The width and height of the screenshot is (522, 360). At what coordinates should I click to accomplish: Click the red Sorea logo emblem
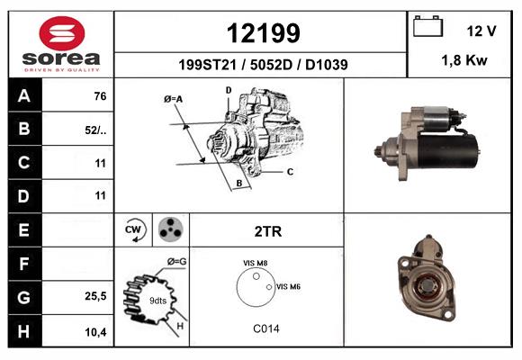click(62, 33)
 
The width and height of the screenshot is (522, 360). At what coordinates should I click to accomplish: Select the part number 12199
click(264, 33)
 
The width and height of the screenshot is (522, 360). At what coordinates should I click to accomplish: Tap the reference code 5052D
click(271, 65)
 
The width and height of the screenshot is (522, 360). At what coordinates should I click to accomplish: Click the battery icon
click(427, 26)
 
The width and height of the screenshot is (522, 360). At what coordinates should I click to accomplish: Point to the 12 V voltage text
click(481, 31)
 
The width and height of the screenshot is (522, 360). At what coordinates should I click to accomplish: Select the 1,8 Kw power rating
click(464, 60)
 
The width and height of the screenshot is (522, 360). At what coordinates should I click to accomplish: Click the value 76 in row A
click(100, 96)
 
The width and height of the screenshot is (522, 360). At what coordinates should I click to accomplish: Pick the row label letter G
click(24, 297)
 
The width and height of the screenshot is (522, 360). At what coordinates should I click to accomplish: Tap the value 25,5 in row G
click(95, 296)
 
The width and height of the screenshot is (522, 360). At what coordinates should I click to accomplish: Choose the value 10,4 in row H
click(95, 332)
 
